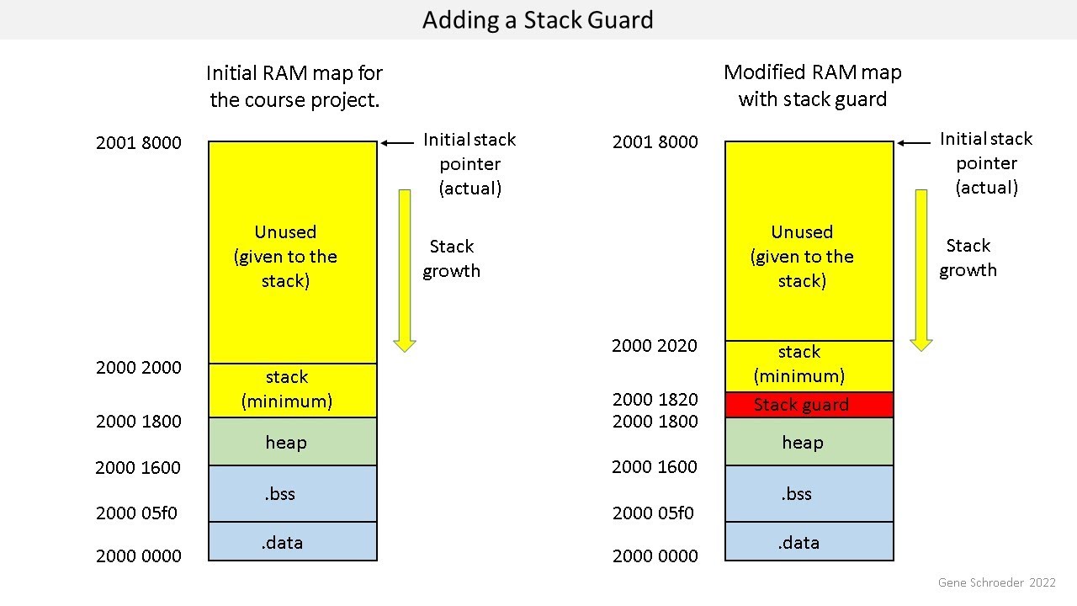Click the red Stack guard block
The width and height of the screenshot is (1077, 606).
tap(809, 405)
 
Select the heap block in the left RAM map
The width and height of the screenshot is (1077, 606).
tap(292, 442)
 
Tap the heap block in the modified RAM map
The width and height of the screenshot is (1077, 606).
tap(809, 442)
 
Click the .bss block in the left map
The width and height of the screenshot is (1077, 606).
tap(292, 493)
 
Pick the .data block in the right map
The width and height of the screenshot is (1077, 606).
tap(809, 542)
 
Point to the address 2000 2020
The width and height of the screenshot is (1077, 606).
tap(654, 345)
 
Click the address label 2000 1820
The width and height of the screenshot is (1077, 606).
tap(655, 399)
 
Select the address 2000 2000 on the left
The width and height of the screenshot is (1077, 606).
tap(138, 367)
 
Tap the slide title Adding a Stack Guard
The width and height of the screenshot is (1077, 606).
tap(538, 19)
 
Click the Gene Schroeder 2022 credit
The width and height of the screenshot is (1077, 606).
tap(996, 582)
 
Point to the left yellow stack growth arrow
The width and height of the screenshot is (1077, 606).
tap(405, 269)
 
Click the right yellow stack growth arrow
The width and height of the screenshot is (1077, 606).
tap(921, 269)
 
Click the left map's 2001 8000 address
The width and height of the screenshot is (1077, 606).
tap(138, 142)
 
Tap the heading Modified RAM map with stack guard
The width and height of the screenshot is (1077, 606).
tap(812, 86)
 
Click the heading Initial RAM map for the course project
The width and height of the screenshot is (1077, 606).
tap(294, 86)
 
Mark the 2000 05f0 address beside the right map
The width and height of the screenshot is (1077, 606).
tap(653, 513)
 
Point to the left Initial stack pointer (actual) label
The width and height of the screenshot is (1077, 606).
tap(470, 163)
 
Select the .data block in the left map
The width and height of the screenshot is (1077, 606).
tap(292, 542)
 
